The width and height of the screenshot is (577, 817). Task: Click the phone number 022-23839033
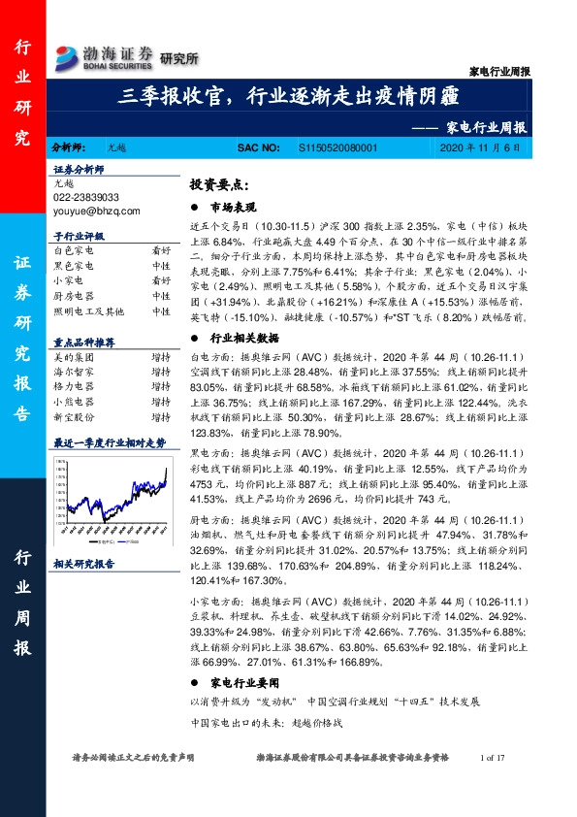click(86, 196)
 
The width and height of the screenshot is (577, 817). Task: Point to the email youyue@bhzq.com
click(97, 210)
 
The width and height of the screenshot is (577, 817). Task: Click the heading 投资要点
click(218, 184)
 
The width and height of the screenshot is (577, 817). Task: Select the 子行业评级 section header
click(79, 236)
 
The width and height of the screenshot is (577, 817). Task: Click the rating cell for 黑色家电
click(161, 265)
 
